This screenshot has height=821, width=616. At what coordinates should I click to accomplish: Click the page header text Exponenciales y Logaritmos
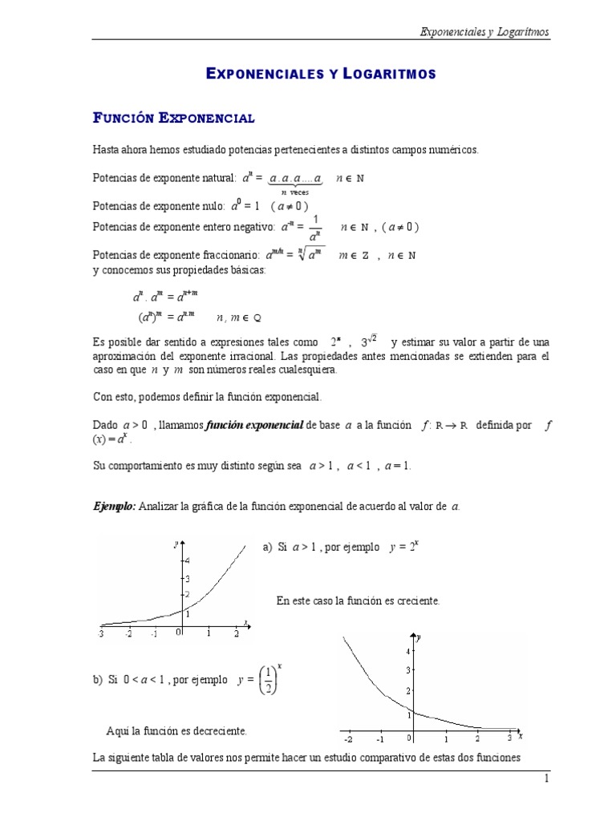[485, 32]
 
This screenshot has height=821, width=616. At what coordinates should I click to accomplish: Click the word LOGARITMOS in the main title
[389, 74]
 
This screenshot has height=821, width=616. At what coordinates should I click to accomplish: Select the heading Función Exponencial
[174, 118]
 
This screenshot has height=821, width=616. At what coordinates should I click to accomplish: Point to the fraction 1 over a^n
[315, 228]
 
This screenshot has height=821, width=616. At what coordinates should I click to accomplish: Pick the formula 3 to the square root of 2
[368, 342]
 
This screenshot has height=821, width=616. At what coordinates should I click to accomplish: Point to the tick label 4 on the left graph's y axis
[187, 560]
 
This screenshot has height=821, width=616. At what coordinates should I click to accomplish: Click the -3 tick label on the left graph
[101, 633]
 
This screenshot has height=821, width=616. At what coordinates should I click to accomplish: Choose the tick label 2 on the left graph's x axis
[236, 633]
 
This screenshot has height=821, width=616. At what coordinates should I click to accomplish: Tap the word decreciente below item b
[217, 730]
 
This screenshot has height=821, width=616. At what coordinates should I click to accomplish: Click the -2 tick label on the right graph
[346, 739]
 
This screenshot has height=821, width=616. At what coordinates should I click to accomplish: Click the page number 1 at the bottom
[546, 779]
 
